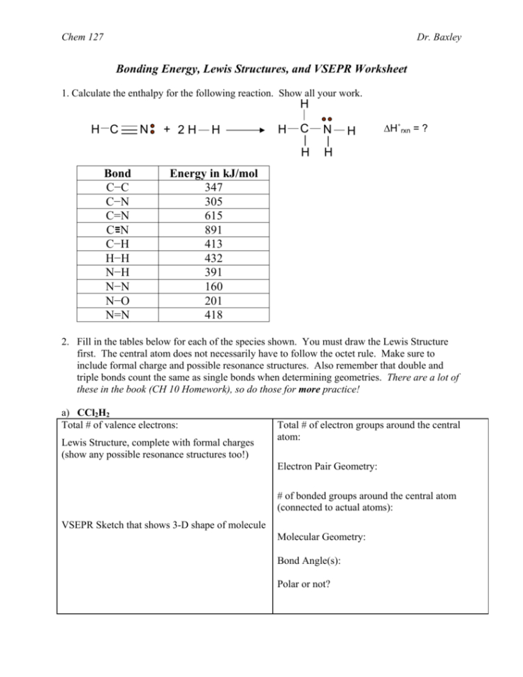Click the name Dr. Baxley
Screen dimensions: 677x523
pos(462,37)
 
